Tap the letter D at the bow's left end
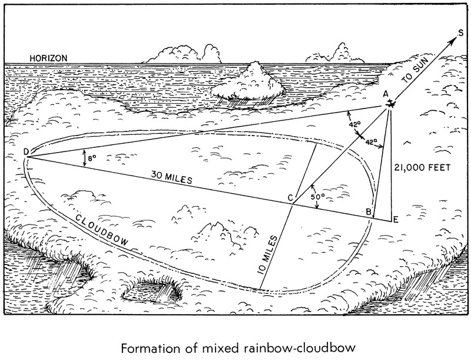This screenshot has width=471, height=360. coord(26,152)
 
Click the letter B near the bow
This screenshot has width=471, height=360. coord(368,212)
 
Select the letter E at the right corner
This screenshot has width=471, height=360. coord(396,220)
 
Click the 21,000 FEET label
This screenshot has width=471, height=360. coord(422,167)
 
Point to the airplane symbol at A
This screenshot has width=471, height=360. coord(390,104)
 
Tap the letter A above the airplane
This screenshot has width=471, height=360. coord(386,94)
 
